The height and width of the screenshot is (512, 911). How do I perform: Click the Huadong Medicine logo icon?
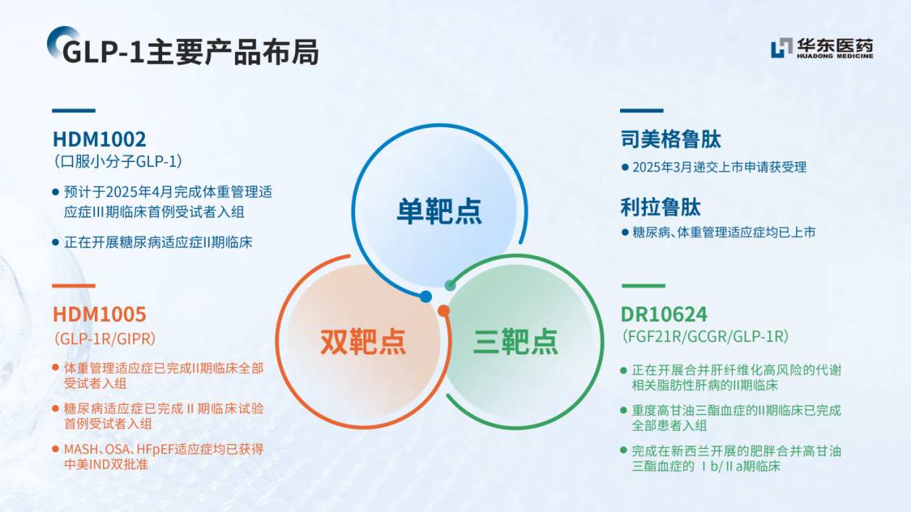click(x=781, y=48)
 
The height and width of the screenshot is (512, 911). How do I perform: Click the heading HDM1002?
click(x=99, y=139)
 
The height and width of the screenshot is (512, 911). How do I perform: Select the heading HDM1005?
click(x=99, y=314)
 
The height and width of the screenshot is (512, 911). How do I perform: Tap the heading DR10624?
click(x=664, y=315)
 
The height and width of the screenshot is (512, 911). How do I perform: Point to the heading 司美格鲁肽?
click(x=671, y=139)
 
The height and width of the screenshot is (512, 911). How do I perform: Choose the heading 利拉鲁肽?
click(x=661, y=208)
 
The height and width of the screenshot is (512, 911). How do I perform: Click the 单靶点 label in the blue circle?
click(x=439, y=211)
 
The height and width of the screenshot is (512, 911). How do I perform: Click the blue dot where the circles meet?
click(x=425, y=296)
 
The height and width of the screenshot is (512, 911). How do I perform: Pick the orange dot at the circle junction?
click(x=444, y=311)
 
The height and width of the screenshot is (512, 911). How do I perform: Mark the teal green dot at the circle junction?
click(x=450, y=285)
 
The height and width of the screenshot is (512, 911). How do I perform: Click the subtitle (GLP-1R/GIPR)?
click(x=105, y=338)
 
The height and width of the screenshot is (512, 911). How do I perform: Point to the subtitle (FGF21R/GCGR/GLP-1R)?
click(x=704, y=337)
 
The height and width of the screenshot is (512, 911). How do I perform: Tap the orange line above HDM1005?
click(x=73, y=286)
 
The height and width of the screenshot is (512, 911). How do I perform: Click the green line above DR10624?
click(x=642, y=286)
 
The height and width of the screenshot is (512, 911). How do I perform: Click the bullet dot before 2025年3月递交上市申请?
click(x=625, y=167)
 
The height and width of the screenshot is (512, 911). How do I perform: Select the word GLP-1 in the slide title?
click(x=104, y=52)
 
